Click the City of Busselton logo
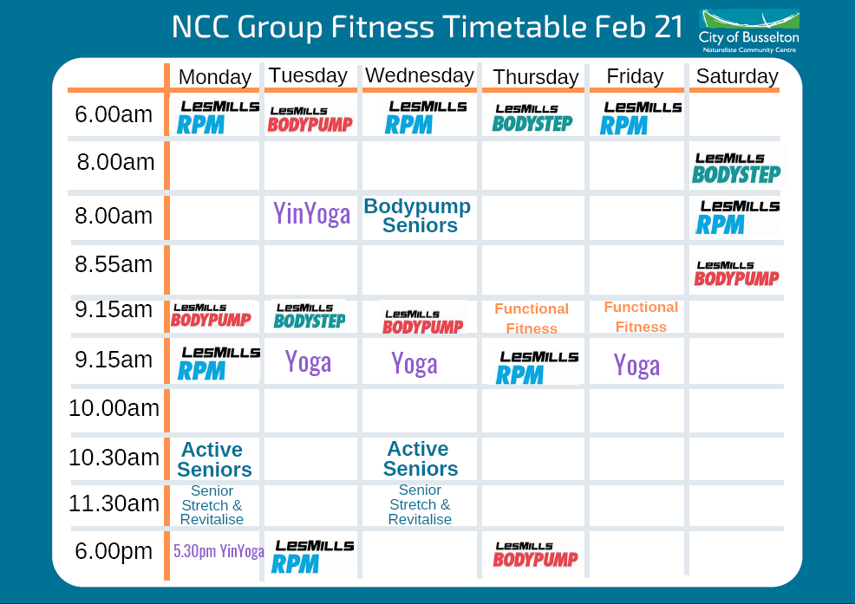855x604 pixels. pos(748,31)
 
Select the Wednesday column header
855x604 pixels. pos(420,75)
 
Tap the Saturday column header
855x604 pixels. pos(737,76)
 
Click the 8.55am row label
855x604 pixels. pos(114,263)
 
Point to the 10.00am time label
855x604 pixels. pos(114,407)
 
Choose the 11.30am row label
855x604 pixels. pos(114,503)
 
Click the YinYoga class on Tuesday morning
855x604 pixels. pos(312,213)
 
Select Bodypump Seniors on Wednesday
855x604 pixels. pos(418,216)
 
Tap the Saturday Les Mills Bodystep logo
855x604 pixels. pos(736,166)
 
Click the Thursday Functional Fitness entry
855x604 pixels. pos(532,318)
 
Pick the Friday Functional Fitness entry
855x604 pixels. pos(641,316)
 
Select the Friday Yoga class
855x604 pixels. pos(636,365)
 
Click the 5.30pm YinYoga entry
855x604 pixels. pos(219,550)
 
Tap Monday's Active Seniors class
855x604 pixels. pos(214,459)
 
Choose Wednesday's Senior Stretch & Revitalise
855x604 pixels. pos(420,504)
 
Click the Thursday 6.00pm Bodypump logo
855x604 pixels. pos(535,555)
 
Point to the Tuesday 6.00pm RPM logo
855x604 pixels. pos(313,555)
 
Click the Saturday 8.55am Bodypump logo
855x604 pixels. pos(736,274)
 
